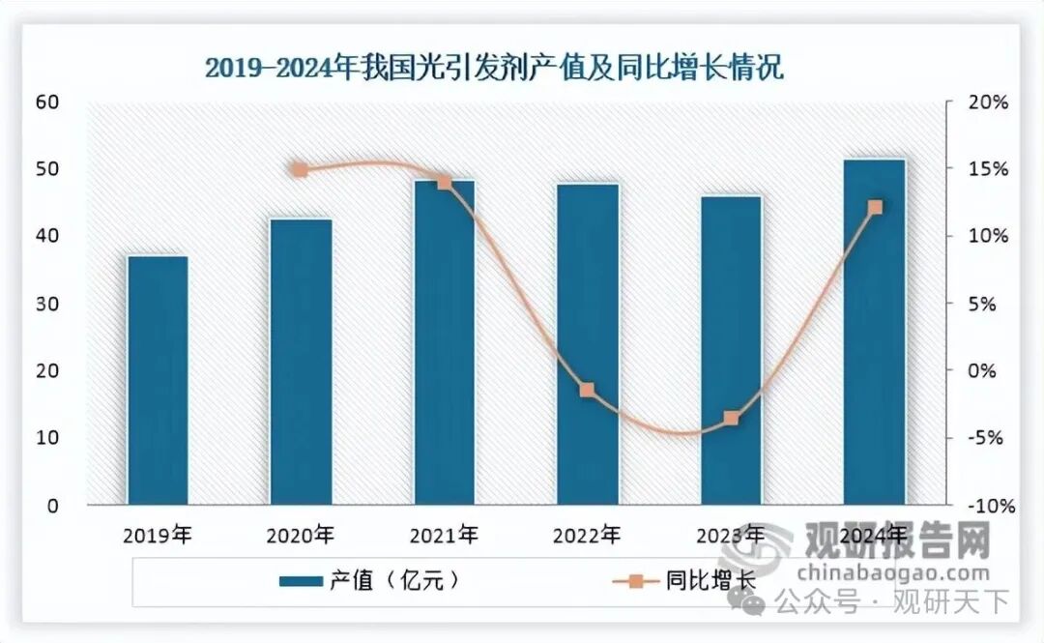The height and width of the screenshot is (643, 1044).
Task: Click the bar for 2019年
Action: [x=158, y=380]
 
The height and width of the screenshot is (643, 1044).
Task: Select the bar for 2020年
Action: [x=301, y=362]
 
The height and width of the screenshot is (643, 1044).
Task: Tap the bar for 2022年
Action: [x=588, y=344]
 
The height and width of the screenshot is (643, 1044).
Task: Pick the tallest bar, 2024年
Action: [x=874, y=332]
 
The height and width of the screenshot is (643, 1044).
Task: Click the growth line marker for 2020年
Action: [x=300, y=170]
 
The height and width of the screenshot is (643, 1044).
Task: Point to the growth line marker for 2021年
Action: [x=444, y=182]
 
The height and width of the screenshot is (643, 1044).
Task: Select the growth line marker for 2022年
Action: [x=587, y=390]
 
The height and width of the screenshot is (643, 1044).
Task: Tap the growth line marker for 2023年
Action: [x=732, y=418]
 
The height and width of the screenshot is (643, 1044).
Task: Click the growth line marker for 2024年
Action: [x=876, y=207]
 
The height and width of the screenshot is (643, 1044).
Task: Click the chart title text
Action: [x=493, y=68]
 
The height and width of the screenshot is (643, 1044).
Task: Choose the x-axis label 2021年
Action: [x=444, y=534]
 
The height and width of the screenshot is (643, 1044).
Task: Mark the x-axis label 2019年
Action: [x=158, y=534]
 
